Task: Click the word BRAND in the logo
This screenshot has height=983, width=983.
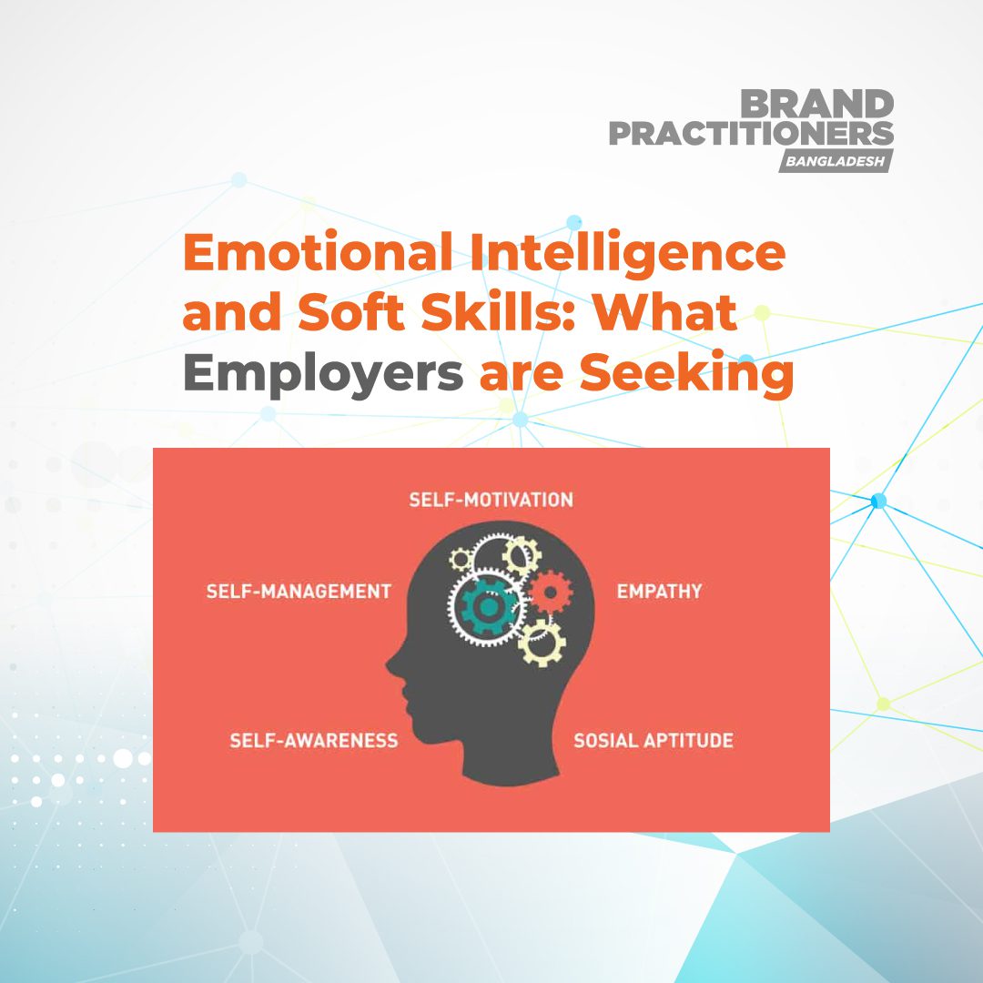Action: point(817,105)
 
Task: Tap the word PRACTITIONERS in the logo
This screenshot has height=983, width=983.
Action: point(751,134)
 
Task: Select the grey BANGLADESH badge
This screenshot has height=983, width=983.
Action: point(835,161)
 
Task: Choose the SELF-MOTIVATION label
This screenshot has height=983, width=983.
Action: point(491,501)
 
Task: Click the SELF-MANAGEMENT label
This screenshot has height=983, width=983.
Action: point(299,592)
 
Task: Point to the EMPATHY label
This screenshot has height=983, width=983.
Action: point(660,592)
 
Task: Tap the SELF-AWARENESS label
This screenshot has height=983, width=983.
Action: point(313,740)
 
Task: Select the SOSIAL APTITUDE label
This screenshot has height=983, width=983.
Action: point(653,740)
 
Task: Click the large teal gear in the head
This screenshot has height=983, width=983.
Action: point(488,604)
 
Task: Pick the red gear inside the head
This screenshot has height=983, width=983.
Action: point(548,592)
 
